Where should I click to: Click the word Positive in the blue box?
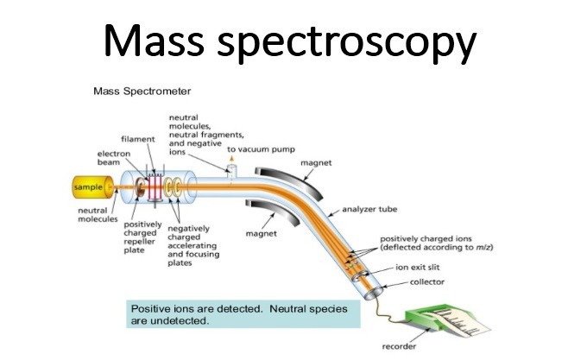pyautogui.click(x=151, y=308)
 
